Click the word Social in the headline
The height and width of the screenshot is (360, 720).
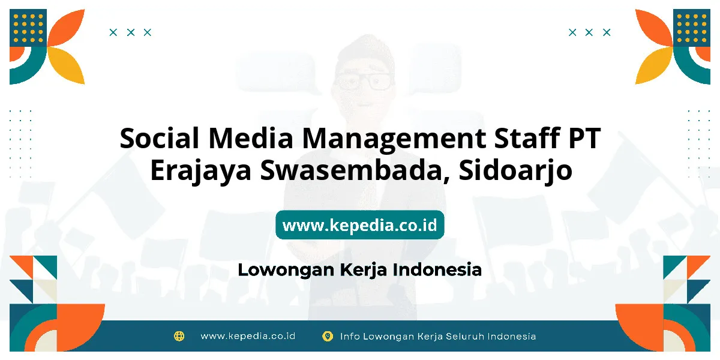pyautogui.click(x=160, y=138)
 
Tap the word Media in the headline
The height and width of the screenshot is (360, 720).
pyautogui.click(x=251, y=138)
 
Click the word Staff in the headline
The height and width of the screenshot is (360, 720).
pyautogui.click(x=527, y=138)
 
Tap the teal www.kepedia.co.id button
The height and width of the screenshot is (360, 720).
pyautogui.click(x=360, y=224)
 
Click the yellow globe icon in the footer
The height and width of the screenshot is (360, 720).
pyautogui.click(x=179, y=336)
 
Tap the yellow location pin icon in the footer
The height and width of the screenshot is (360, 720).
pyautogui.click(x=328, y=336)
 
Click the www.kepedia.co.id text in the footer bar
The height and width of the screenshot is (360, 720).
pyautogui.click(x=248, y=336)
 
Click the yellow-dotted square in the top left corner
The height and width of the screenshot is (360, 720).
pyautogui.click(x=28, y=28)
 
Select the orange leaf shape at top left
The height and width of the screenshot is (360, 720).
pyautogui.click(x=66, y=28)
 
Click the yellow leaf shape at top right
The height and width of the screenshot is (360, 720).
pyautogui.click(x=654, y=65)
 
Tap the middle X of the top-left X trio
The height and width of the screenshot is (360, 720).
pyautogui.click(x=131, y=32)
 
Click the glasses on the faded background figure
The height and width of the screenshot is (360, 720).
pyautogui.click(x=365, y=81)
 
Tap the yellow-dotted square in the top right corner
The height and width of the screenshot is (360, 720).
pyautogui.click(x=692, y=28)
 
